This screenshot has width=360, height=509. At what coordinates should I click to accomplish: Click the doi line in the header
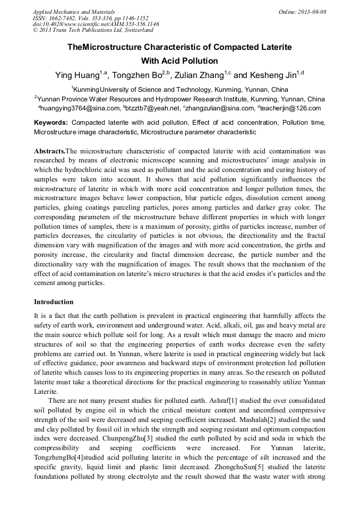coord(96,24)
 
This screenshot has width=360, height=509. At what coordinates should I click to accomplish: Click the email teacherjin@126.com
coord(292,108)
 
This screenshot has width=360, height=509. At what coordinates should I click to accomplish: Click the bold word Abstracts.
coord(49,151)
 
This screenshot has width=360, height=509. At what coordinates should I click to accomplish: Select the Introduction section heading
coord(54,302)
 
